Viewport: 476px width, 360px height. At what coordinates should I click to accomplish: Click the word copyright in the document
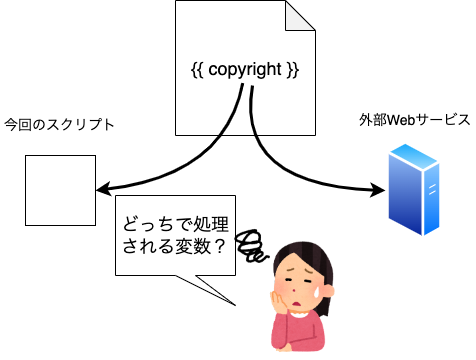pos(245,71)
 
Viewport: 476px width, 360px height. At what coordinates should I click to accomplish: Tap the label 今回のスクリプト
pos(59,125)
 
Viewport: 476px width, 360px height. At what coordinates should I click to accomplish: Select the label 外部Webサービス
pos(414,120)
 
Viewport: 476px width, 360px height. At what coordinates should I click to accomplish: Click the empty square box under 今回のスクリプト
pos(60,190)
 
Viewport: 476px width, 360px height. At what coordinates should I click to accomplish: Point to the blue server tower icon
pos(414,190)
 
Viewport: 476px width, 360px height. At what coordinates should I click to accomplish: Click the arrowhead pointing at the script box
pos(103,189)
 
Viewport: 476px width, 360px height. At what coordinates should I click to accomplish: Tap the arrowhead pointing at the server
pos(378,190)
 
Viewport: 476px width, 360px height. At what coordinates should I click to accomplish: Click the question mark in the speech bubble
pos(219,247)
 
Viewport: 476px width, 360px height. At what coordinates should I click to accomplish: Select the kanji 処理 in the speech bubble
pos(211,224)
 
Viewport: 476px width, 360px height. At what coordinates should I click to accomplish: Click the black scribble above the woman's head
pos(251,245)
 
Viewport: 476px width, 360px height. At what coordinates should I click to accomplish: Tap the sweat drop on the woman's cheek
pos(317,292)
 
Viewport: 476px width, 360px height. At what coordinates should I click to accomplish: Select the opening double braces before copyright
pos(197,70)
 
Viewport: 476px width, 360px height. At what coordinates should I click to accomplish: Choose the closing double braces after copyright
pos(293,70)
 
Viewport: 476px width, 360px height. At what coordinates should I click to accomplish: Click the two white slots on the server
pos(432,189)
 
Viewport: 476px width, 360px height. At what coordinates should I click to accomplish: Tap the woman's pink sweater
pos(298,331)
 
